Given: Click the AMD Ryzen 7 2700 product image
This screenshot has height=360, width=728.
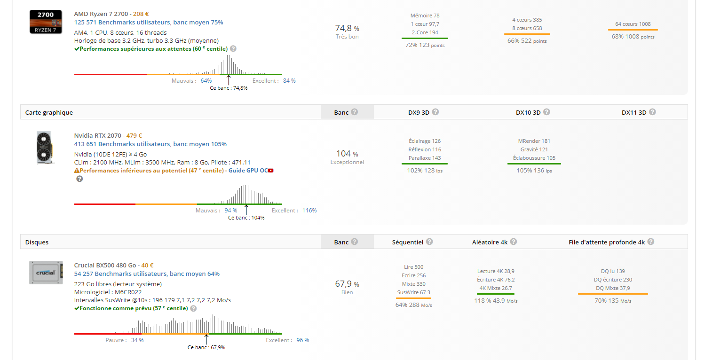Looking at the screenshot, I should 46,21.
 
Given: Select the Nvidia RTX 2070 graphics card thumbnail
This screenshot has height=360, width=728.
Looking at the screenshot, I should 46,148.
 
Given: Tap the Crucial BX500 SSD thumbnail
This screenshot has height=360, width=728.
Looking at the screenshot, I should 46,273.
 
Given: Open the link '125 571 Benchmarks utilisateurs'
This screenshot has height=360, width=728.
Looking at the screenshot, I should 122,22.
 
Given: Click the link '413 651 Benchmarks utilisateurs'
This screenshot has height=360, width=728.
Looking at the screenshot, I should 122,144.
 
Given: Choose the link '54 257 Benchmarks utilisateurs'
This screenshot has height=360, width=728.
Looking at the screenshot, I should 120,274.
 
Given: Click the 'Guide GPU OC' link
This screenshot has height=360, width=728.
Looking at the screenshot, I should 251,170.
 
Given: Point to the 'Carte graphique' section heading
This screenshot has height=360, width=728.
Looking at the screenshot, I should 49,112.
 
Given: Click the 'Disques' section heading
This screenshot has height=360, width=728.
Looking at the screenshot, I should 37,242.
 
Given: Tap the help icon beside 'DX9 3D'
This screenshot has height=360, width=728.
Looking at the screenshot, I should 435,112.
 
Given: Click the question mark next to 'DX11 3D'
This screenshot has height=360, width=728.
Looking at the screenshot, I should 652,112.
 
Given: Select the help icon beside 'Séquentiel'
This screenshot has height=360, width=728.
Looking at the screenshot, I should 429,242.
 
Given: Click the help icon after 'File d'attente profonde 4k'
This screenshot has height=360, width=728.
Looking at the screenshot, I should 650,242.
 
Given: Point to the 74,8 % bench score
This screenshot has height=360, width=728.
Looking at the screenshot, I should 347,28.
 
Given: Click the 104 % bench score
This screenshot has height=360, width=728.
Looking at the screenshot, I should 347,154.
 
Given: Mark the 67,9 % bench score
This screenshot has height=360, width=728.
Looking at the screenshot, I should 347,284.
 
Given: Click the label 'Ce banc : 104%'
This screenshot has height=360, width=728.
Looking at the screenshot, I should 246,218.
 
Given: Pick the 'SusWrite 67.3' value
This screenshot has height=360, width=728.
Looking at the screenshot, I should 413,292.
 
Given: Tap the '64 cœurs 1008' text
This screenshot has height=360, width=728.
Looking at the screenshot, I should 633,24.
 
